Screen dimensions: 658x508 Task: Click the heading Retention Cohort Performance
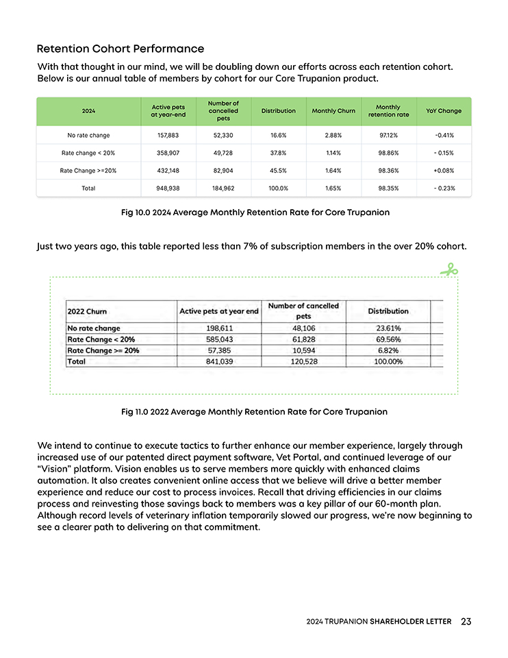[120, 49]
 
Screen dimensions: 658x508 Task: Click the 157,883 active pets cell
[168, 135]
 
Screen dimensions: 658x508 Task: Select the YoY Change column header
[444, 110]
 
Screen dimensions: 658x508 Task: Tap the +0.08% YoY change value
[444, 170]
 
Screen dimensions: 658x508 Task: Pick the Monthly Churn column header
[333, 110]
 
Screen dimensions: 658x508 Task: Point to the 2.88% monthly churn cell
[333, 135]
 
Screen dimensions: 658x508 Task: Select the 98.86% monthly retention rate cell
[388, 153]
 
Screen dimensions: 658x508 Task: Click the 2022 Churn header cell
[88, 311]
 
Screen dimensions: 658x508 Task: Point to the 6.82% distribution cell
[388, 350]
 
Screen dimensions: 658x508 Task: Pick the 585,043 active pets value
[218, 339]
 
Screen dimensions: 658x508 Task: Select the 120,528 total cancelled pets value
[303, 361]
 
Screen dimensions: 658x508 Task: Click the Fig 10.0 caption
[255, 212]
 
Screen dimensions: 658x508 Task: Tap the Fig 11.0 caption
[254, 412]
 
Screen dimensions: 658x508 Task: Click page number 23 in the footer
[466, 622]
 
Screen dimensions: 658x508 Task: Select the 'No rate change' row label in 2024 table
[85, 135]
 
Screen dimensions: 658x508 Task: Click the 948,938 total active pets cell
[168, 188]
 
